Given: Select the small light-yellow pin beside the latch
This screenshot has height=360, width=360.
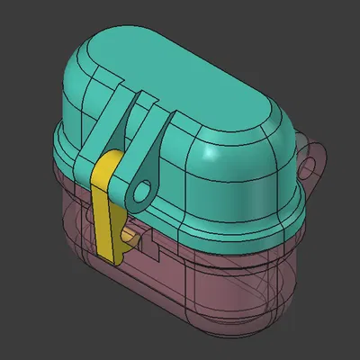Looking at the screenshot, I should click(x=132, y=236).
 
